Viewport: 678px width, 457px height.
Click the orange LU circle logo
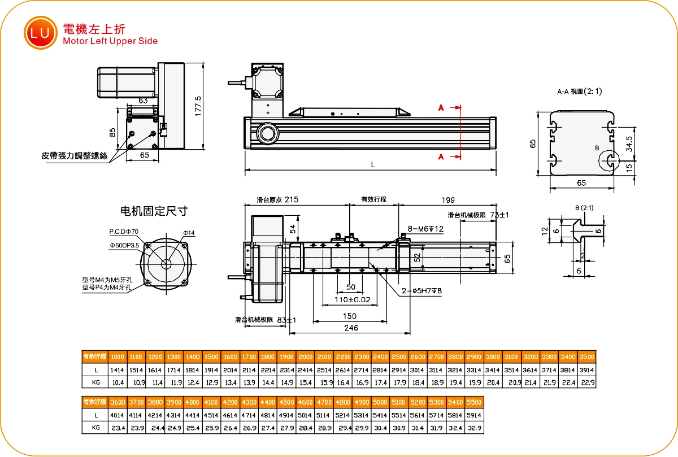(40, 33)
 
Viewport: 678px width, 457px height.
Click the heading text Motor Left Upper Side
(110, 41)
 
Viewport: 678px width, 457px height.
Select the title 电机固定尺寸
(154, 211)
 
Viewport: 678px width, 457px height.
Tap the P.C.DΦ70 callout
(124, 232)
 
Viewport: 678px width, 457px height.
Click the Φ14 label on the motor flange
(189, 233)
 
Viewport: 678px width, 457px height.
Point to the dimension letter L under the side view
(372, 164)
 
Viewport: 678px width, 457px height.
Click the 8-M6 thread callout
(425, 228)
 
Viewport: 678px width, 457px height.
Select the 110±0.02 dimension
(352, 299)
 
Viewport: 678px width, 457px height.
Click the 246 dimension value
(351, 327)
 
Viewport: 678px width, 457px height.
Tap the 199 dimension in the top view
(448, 199)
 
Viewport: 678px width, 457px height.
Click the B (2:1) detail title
(584, 208)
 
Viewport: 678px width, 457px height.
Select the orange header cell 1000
(117, 357)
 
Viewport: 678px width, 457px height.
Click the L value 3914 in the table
(587, 370)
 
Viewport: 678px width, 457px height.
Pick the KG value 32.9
(475, 428)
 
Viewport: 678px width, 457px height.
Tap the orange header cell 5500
(475, 402)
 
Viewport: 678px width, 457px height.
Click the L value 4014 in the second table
(117, 415)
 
